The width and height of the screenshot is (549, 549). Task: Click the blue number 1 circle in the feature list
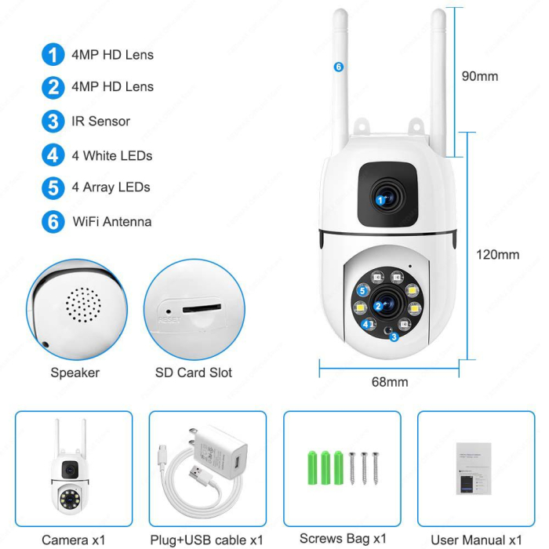[53, 55]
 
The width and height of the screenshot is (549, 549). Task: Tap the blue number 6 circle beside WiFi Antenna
[53, 221]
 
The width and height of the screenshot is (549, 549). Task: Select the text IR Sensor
[100, 122]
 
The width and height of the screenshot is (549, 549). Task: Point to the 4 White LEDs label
[111, 155]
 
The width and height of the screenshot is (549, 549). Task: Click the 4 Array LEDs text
[111, 187]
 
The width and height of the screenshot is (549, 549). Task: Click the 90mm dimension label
[479, 76]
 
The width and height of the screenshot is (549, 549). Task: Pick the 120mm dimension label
[497, 254]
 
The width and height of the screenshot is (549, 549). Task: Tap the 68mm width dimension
[389, 382]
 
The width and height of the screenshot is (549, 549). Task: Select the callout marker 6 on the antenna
[339, 67]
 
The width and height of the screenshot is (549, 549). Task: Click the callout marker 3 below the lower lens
[394, 336]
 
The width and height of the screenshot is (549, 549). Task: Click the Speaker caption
[75, 373]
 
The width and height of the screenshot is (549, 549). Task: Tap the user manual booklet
[473, 469]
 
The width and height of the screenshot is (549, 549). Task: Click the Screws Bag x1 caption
[344, 539]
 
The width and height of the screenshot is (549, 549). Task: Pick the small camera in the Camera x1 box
[71, 471]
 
